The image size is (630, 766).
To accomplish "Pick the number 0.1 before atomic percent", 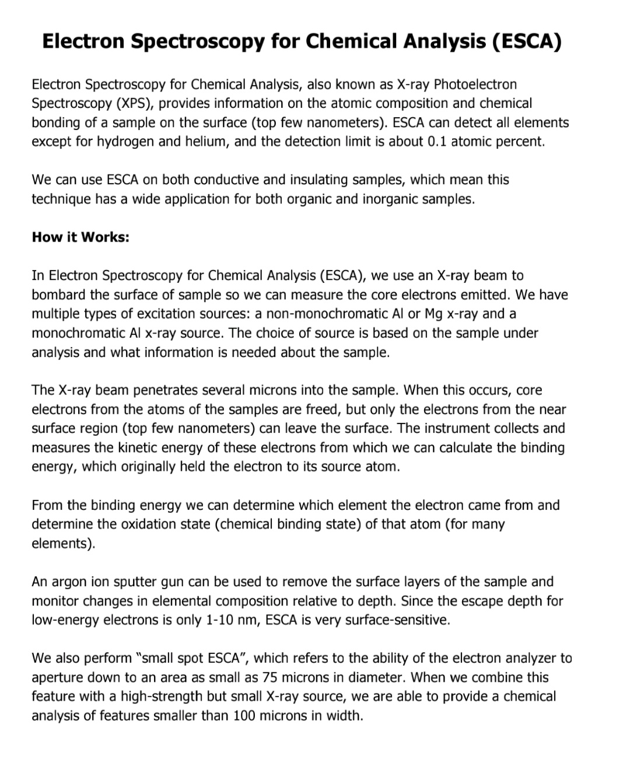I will (x=436, y=142).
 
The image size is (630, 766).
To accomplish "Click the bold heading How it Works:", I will (x=80, y=237).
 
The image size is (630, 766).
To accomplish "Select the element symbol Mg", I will (x=433, y=314).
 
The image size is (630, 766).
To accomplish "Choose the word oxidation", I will (x=149, y=524).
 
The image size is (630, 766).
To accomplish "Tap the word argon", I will (x=68, y=582).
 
